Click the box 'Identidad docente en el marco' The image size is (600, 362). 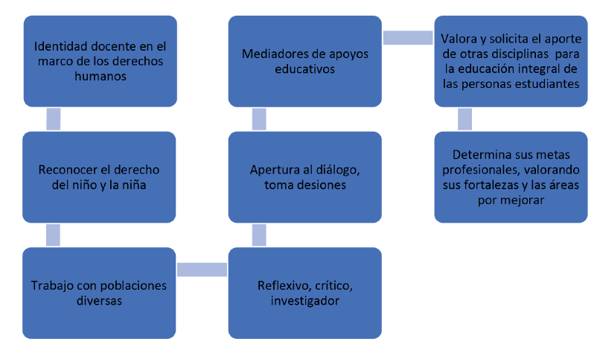100,62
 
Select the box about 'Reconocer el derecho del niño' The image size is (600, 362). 99,177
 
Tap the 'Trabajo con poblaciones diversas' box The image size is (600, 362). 99,293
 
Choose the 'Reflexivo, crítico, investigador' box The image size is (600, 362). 304,293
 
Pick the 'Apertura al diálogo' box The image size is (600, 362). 304,177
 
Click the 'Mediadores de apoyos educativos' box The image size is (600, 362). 304,62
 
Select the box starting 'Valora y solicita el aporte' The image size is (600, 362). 510,62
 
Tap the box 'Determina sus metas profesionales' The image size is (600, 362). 510,177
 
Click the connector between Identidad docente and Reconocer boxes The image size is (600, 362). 53,119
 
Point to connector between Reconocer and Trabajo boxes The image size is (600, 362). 53,235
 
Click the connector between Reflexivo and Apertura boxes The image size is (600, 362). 259,235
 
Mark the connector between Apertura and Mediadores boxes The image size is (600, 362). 259,119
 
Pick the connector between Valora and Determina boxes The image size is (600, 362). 465,119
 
